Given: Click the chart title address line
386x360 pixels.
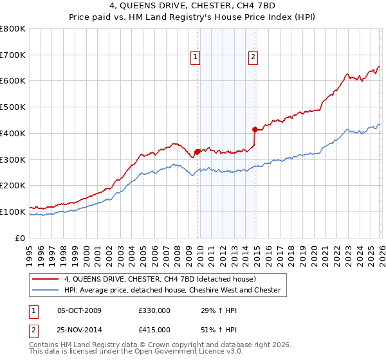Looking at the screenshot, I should [193, 6].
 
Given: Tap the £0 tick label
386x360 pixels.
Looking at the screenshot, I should [21, 238].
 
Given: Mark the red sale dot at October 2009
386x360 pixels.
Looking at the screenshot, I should [197, 152].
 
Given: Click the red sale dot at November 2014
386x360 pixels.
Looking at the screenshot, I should [255, 129].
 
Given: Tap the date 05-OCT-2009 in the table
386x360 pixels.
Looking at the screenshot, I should [79, 310].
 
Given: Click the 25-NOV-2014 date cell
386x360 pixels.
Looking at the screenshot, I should [79, 330].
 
